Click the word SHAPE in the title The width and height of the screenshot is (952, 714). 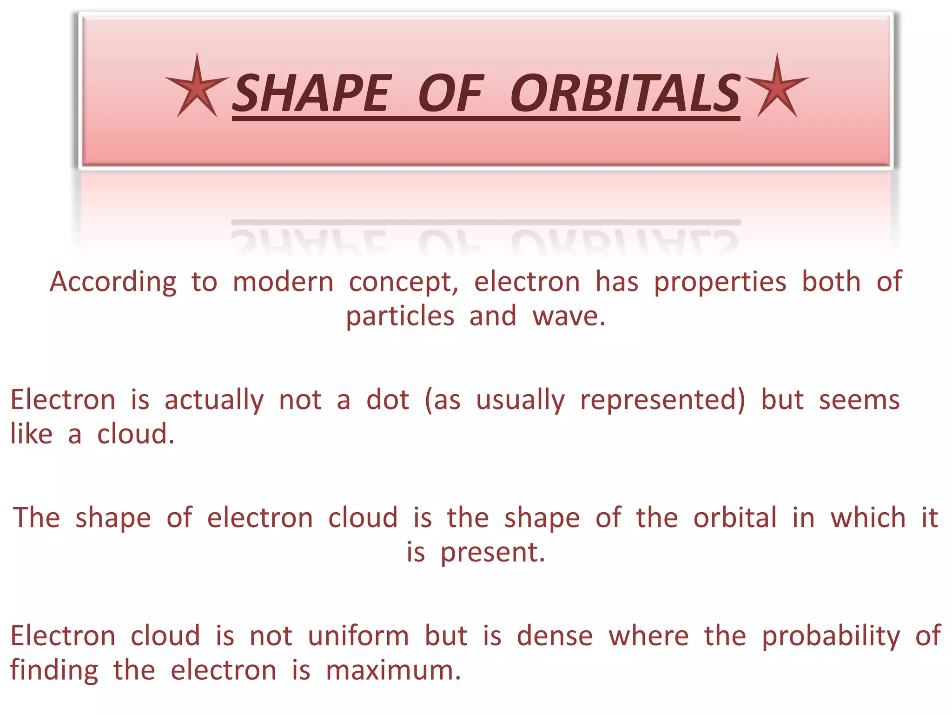pyautogui.click(x=311, y=94)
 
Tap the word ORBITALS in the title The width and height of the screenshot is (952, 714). pyautogui.click(x=625, y=94)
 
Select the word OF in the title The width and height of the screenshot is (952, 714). pyautogui.click(x=450, y=94)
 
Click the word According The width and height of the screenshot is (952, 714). pyautogui.click(x=113, y=282)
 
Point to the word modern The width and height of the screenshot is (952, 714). pyautogui.click(x=283, y=282)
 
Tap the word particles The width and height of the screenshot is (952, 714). pyautogui.click(x=400, y=317)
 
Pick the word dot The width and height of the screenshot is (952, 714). pyautogui.click(x=388, y=400)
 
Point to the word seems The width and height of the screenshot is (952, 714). pyautogui.click(x=859, y=400)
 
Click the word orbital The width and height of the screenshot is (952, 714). pyautogui.click(x=735, y=517)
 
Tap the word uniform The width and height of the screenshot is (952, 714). pyautogui.click(x=358, y=636)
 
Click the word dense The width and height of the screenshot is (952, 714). pyautogui.click(x=555, y=636)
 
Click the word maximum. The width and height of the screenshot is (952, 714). pyautogui.click(x=393, y=671)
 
